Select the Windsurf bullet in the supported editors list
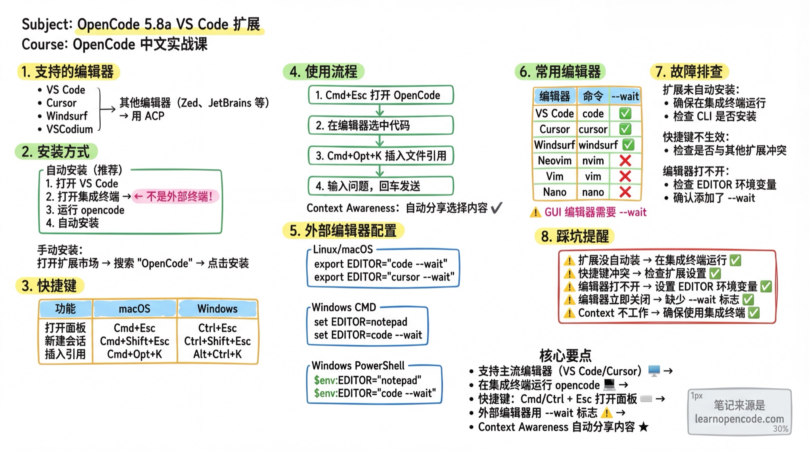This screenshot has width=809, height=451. point(67,116)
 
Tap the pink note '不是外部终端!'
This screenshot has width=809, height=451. point(176,196)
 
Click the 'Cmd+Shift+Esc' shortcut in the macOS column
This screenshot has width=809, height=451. point(134,341)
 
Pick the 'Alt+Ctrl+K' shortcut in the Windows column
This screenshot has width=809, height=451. point(217,354)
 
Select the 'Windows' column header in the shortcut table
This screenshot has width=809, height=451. point(217,309)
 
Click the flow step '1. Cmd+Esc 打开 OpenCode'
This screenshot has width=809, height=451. point(380,95)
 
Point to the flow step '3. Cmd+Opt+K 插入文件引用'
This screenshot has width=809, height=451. point(380,156)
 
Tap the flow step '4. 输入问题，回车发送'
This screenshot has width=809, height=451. point(380,186)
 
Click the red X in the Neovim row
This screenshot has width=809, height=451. point(625,160)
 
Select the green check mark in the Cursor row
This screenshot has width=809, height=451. point(625,129)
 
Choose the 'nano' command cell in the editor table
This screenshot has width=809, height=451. point(593,192)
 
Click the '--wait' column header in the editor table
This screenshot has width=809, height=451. point(625,96)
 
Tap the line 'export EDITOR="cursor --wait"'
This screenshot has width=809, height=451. point(384,277)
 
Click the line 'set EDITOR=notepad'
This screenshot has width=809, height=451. point(360,322)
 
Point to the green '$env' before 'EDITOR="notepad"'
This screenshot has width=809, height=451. point(325,380)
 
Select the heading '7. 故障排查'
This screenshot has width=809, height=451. point(689,72)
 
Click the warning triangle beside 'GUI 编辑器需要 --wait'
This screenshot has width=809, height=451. point(535,212)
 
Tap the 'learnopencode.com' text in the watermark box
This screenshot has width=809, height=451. point(739,419)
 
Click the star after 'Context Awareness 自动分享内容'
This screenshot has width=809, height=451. point(643,427)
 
